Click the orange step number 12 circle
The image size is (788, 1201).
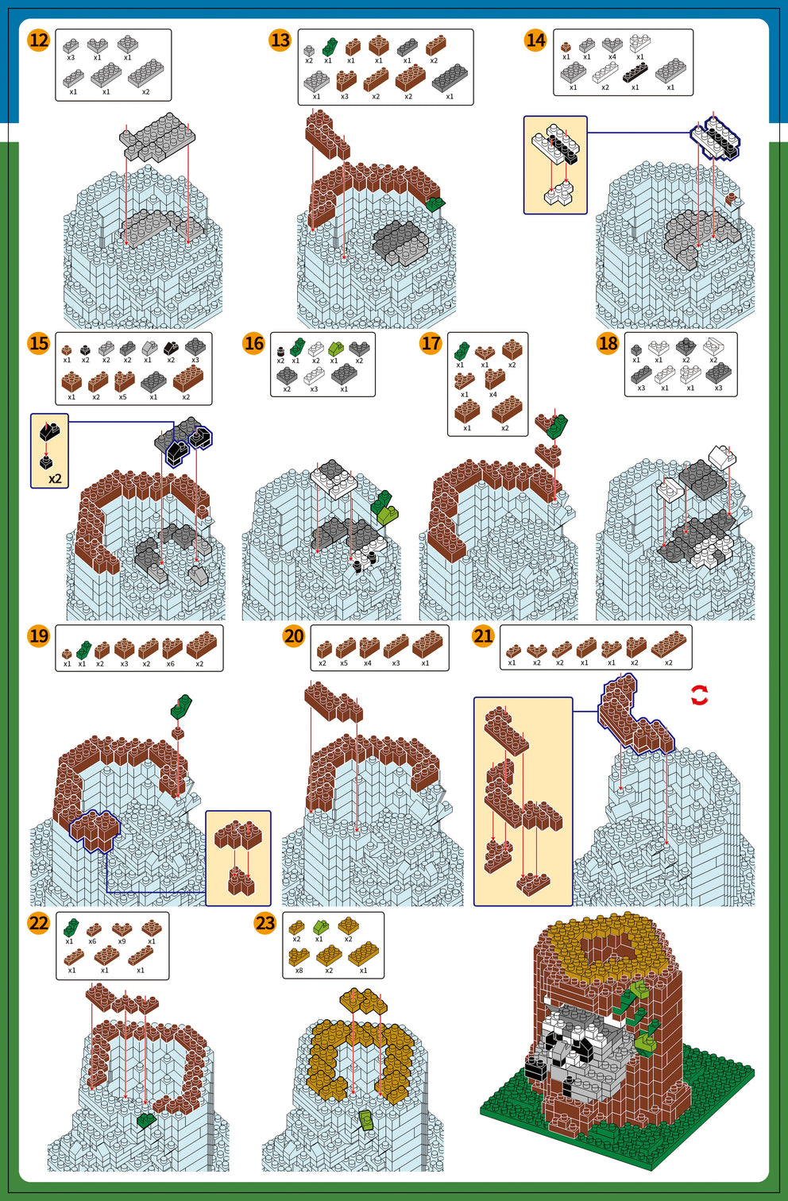38,40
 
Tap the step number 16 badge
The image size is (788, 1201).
253,343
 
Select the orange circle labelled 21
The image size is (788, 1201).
483,635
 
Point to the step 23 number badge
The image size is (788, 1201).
265,923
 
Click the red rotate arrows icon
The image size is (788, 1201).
699,696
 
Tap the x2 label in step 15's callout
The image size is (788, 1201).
55,479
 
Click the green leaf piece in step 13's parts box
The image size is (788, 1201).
329,47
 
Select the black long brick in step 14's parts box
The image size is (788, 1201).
635,73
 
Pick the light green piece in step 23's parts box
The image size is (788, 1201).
319,927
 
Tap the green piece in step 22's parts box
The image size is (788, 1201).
71,926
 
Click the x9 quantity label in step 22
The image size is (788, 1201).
122,941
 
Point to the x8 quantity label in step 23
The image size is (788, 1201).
299,970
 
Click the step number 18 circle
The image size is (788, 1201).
608,343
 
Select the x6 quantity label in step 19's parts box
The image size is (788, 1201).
171,663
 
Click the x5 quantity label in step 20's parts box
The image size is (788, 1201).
344,662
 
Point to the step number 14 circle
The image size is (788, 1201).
535,40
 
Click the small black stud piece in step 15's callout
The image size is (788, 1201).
47,461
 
